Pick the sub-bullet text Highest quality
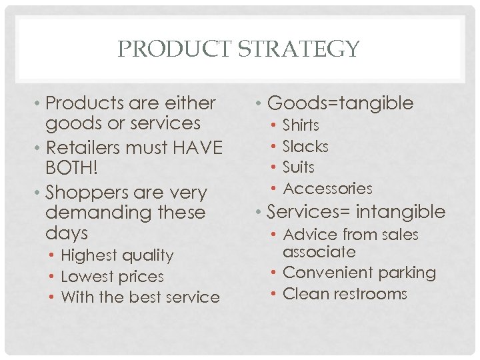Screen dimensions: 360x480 [x=117, y=255]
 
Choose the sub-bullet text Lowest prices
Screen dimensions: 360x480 [x=112, y=277]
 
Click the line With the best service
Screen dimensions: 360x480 [x=140, y=297]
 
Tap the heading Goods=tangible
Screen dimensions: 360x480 [x=340, y=103]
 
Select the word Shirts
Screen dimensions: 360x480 [x=301, y=125]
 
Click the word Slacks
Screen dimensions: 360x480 [x=305, y=146]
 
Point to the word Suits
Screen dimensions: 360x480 [x=298, y=167]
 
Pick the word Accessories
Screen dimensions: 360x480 [x=327, y=189]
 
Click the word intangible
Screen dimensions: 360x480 [x=401, y=212]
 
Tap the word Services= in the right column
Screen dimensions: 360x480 [x=308, y=212]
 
